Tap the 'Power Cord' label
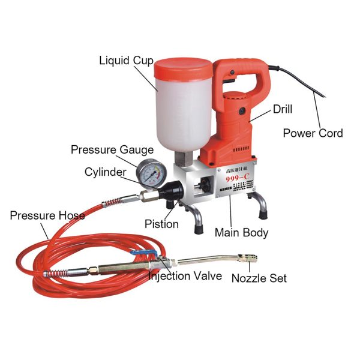(313, 133)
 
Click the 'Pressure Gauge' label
(112, 149)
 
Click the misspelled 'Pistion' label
(161, 224)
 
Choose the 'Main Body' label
(242, 232)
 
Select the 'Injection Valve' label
(185, 277)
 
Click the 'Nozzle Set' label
(259, 278)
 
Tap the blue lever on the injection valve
(151, 256)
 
